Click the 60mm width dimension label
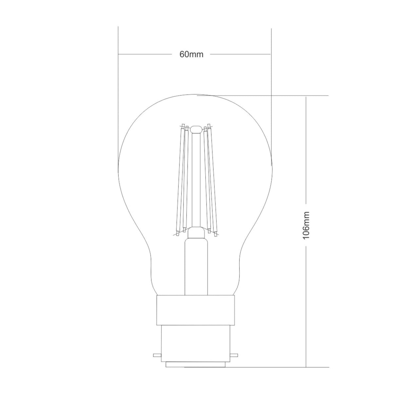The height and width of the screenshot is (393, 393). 192,54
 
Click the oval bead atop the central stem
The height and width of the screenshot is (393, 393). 196,129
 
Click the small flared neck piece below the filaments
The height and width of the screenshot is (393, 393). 196,233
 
